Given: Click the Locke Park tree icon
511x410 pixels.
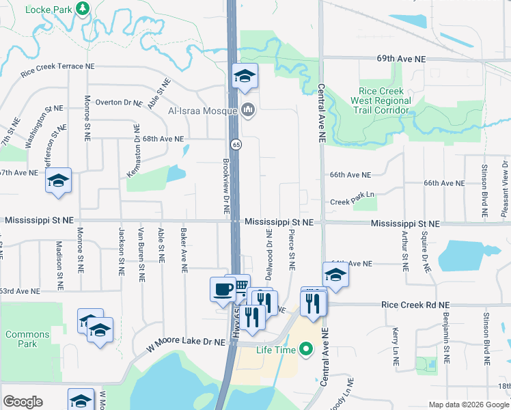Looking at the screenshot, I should [x=83, y=8].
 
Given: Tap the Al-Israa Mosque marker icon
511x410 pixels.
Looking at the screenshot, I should [x=247, y=109].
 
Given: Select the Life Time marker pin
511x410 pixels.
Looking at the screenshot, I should [x=306, y=350].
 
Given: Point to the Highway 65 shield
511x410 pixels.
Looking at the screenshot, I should [x=236, y=144].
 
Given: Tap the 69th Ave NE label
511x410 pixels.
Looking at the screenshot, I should [x=400, y=59].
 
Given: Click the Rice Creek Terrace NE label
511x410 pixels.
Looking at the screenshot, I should [x=57, y=67].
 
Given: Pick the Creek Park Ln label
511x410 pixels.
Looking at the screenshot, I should [x=353, y=202].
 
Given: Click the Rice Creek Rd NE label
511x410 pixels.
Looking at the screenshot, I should [x=416, y=305].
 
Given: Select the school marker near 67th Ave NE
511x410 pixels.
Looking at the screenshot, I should [x=59, y=181].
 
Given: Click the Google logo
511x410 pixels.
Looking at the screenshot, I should [x=23, y=402].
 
